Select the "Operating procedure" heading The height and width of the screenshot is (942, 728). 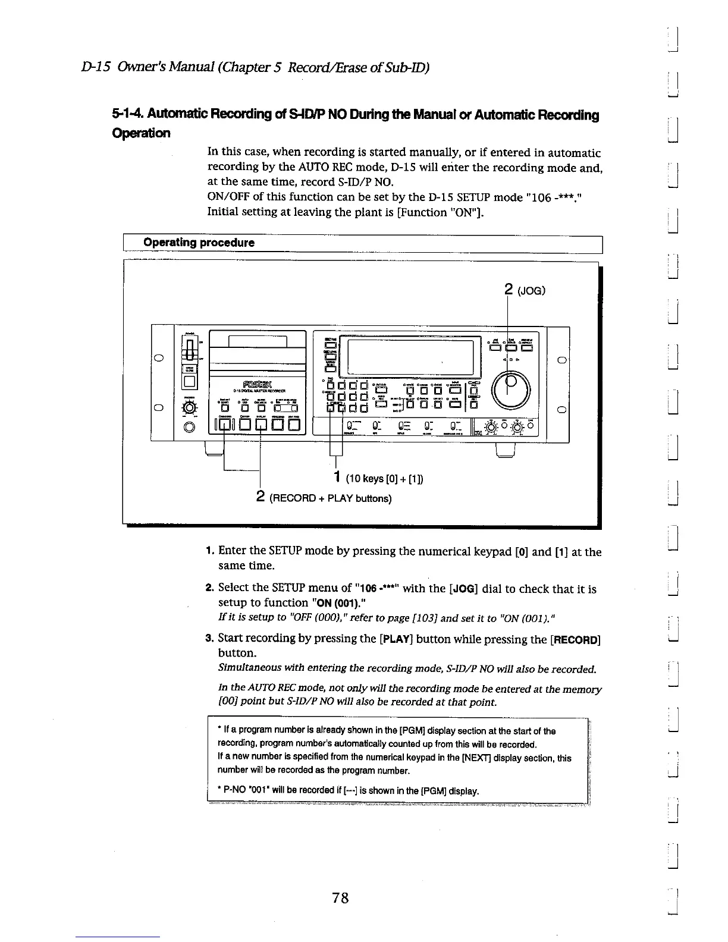click(x=199, y=243)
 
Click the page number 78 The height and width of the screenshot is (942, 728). click(x=340, y=898)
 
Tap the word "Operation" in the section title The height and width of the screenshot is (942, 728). click(x=141, y=133)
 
